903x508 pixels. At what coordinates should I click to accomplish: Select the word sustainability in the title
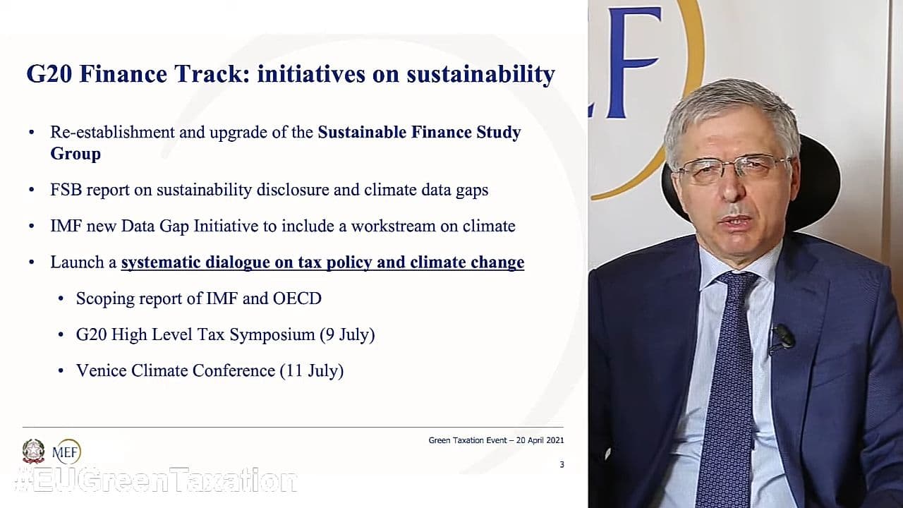coord(480,75)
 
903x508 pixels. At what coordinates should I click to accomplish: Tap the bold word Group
coord(75,155)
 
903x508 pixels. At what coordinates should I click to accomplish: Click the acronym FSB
coord(66,190)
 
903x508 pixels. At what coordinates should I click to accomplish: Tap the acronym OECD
coord(297,298)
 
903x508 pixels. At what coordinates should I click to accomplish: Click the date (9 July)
coord(347,335)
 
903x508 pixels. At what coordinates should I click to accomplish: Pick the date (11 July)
coord(312,371)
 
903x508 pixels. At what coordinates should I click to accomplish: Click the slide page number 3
coord(562,464)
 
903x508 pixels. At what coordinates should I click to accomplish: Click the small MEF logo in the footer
coord(66,452)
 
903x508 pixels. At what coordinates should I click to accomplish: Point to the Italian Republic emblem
coord(33,451)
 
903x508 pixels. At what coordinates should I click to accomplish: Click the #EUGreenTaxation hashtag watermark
coord(155,480)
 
